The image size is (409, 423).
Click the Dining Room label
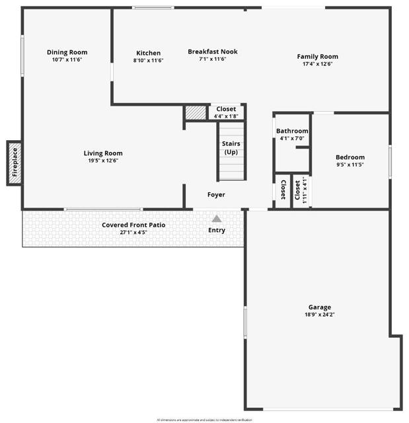67,53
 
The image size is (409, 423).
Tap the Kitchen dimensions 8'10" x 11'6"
148,61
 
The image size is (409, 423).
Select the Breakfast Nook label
212,52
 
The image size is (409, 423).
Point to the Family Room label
317,57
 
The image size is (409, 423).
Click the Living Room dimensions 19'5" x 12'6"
102,161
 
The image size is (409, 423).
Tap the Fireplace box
15,163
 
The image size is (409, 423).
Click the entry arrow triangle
217,218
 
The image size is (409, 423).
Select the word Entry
217,231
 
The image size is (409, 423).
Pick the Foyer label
216,195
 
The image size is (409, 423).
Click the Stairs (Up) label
231,148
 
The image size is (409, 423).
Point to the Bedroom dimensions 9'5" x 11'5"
350,165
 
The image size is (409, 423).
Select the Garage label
320,307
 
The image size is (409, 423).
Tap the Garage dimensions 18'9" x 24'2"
320,315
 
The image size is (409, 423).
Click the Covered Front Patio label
133,225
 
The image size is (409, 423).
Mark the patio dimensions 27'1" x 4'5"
133,233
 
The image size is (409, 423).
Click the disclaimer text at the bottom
204,420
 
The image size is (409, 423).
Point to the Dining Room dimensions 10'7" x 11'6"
67,60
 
